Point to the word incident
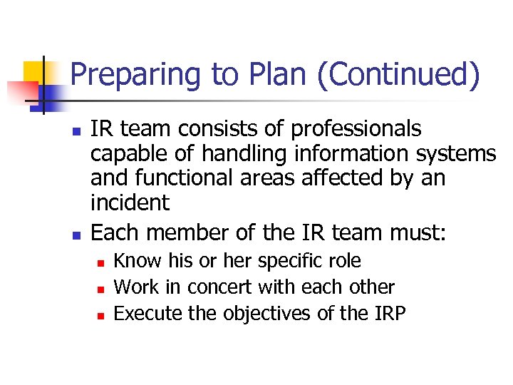click(130, 202)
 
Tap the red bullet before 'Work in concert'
click(100, 289)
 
